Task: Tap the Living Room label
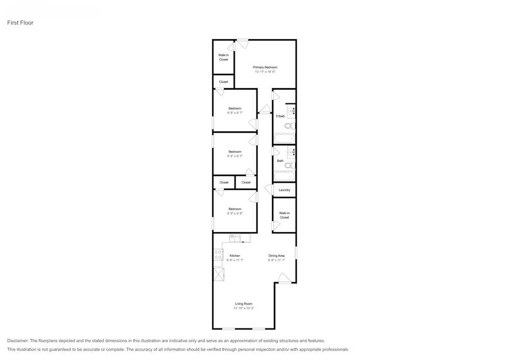click(243, 303)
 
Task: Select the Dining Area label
click(276, 256)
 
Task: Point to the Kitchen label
click(235, 256)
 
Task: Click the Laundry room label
click(284, 190)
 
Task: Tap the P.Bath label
click(280, 116)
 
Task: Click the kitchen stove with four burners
click(218, 255)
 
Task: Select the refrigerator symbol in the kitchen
click(218, 274)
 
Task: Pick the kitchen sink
click(235, 238)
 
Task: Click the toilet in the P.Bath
click(289, 126)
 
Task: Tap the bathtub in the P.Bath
click(284, 138)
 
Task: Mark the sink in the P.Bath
click(291, 110)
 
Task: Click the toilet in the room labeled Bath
click(289, 165)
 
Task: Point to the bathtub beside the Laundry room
click(284, 177)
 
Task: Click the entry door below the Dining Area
click(285, 279)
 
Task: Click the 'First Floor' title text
click(20, 23)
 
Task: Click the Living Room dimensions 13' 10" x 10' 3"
click(243, 308)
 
